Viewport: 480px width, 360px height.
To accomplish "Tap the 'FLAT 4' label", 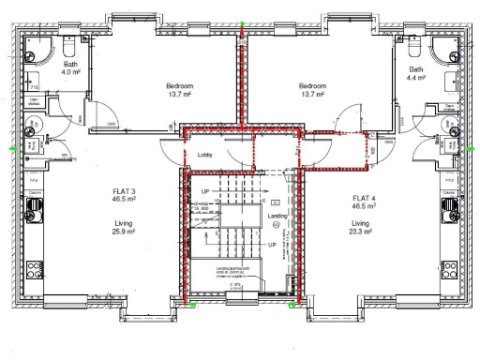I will click(366, 198).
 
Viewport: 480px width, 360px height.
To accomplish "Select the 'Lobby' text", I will click(205, 153).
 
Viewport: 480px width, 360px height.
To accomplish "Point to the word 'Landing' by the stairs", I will click(277, 216).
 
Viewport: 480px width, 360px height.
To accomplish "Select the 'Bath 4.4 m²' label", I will click(417, 74).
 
